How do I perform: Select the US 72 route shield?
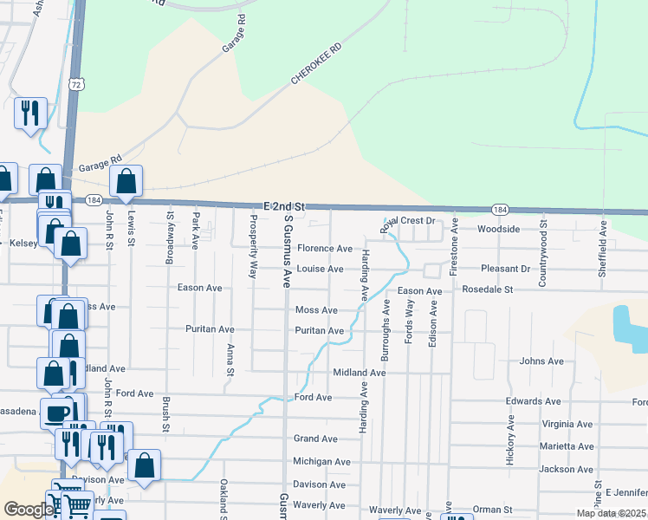click(77, 84)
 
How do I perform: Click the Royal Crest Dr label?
click(407, 221)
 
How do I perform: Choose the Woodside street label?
click(499, 229)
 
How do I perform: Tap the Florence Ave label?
click(324, 249)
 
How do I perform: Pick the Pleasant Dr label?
click(505, 269)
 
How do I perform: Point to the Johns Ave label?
click(541, 361)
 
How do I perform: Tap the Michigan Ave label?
click(321, 462)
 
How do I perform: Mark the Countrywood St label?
click(543, 256)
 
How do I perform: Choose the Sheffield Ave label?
click(603, 250)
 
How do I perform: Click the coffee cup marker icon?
click(57, 412)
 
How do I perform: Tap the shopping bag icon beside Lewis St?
click(126, 180)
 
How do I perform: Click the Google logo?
click(29, 510)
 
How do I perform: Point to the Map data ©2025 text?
click(611, 513)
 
